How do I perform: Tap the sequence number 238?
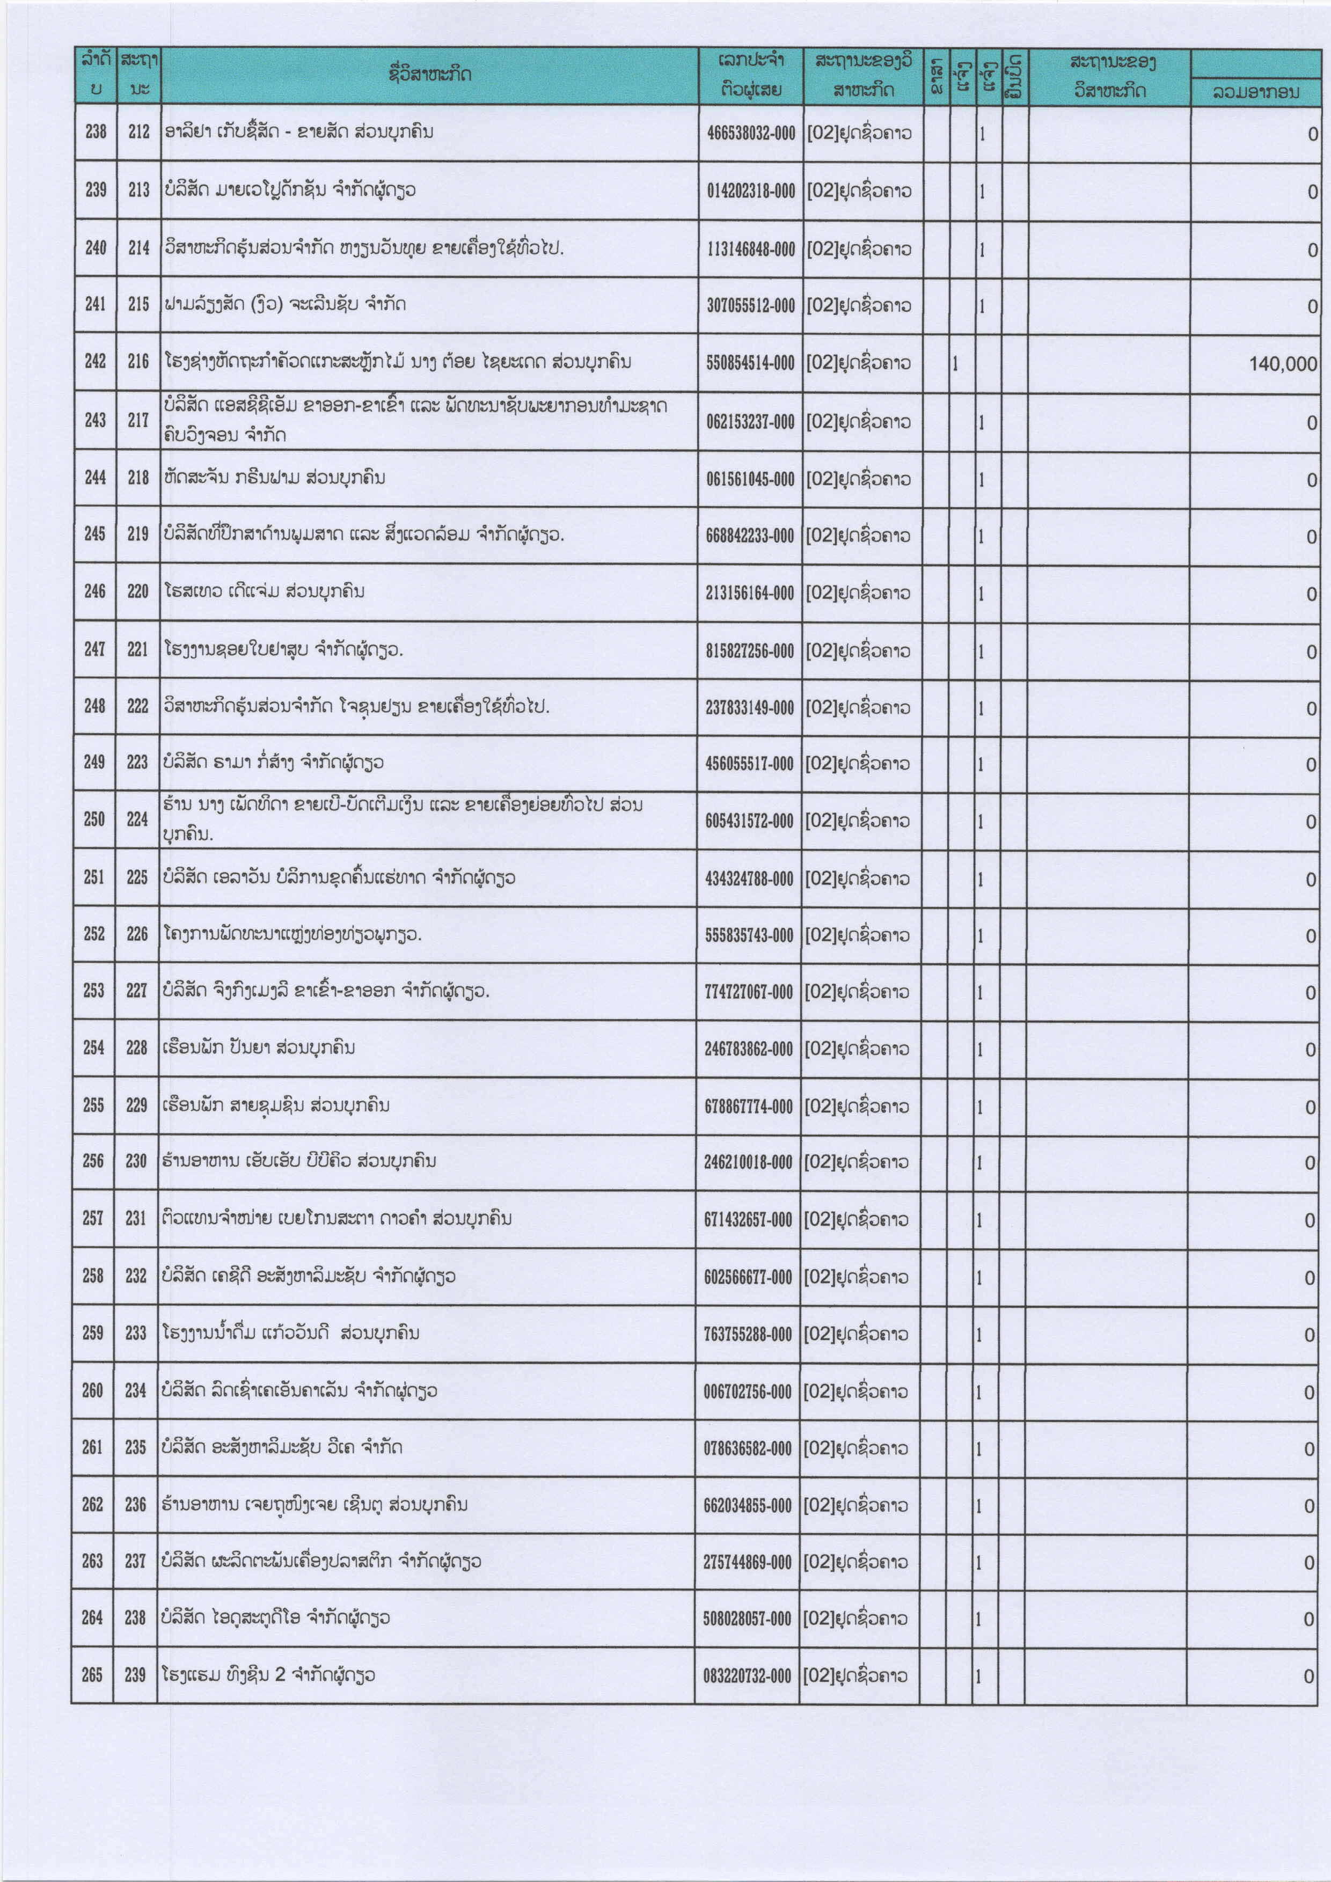(96, 131)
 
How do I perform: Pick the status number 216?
(138, 362)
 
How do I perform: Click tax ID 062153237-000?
(750, 422)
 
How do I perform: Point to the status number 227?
(137, 990)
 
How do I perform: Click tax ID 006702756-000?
(748, 1392)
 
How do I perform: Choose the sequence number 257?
(93, 1218)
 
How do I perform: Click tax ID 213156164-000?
(749, 592)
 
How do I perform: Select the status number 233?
(136, 1333)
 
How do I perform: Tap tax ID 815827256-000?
(749, 651)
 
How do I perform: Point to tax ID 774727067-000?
(748, 992)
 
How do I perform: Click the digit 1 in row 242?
(956, 363)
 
